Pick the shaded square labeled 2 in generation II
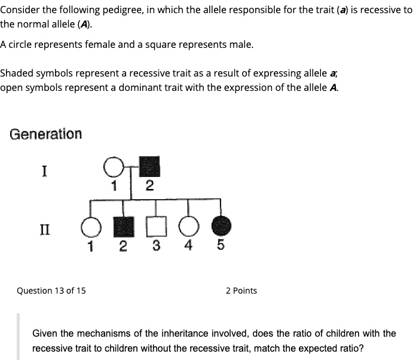pos(123,228)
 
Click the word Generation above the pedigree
pos(46,134)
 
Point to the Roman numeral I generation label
pos(44,172)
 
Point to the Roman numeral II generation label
pos(44,228)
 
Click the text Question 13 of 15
pos(51,291)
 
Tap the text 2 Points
pos(241,291)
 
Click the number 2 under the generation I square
pos(149,185)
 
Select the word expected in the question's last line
pos(310,347)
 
